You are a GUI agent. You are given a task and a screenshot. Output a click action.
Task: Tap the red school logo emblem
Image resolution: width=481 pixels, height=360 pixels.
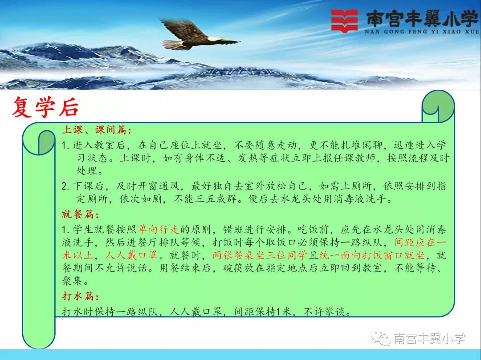click(344, 21)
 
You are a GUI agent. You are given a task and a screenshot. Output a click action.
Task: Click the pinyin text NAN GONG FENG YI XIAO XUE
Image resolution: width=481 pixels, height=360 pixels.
click(422, 31)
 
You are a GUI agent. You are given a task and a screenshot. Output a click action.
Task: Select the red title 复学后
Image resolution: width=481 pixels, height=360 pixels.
click(45, 107)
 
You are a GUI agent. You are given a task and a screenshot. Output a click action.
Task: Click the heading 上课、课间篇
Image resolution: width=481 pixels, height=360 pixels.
click(97, 130)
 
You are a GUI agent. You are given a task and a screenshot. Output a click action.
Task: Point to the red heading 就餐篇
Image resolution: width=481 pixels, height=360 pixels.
click(80, 214)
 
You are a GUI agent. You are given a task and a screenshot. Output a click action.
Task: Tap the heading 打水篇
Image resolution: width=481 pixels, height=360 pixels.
click(80, 296)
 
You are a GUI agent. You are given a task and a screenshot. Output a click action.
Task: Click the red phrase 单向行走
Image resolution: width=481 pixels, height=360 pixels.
click(158, 229)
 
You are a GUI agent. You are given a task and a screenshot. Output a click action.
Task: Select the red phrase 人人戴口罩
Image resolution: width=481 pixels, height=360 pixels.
click(131, 255)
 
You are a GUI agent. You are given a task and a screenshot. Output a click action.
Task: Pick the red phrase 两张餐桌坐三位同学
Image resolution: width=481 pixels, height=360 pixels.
click(260, 255)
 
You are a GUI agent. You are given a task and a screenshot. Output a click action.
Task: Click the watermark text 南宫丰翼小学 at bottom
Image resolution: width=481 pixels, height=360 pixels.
click(429, 339)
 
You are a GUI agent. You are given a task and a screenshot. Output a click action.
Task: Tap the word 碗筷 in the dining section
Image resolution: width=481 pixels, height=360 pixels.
click(233, 268)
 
